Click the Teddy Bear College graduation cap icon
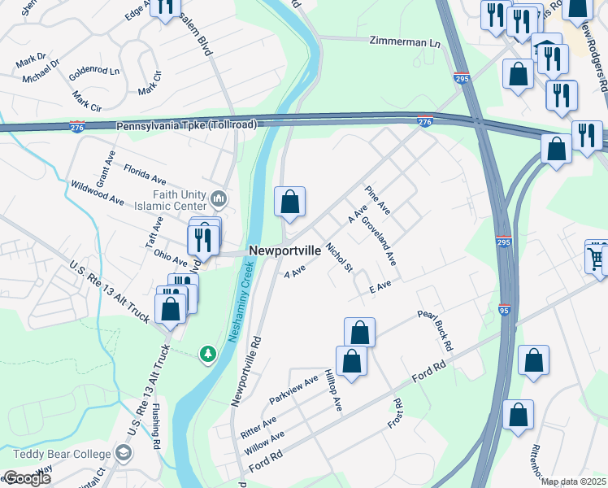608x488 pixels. pyautogui.click(x=124, y=452)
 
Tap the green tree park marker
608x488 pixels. pyautogui.click(x=209, y=353)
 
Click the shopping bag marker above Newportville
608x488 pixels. pyautogui.click(x=290, y=202)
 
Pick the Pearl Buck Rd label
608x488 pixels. pyautogui.click(x=435, y=329)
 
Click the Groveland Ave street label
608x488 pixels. pyautogui.click(x=379, y=241)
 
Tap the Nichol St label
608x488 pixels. pyautogui.click(x=339, y=257)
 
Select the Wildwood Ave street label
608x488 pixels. pyautogui.click(x=98, y=193)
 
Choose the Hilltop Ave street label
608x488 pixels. pyautogui.click(x=333, y=391)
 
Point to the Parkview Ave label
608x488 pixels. pyautogui.click(x=294, y=391)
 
